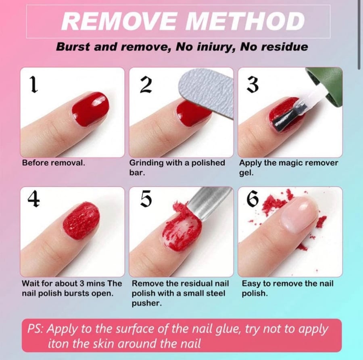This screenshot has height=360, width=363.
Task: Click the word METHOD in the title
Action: (x=245, y=21)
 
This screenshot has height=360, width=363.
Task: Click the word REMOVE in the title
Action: (x=119, y=21)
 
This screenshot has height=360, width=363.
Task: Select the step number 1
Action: (x=34, y=85)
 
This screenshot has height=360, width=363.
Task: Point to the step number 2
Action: (x=146, y=85)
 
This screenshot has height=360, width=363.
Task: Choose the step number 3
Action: (x=252, y=85)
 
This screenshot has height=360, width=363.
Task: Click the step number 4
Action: (x=33, y=199)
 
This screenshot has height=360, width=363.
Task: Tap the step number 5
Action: (x=146, y=199)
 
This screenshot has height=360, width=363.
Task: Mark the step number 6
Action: (x=252, y=199)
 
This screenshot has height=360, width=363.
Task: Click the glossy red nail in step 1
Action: (x=90, y=109)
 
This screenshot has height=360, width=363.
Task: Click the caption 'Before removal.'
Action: (x=54, y=163)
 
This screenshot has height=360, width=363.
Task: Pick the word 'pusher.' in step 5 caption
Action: (x=147, y=303)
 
